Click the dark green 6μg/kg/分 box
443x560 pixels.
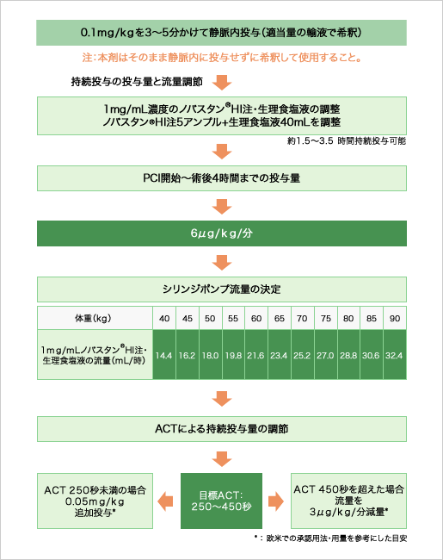pyautogui.click(x=221, y=234)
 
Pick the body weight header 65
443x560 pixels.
pyautogui.click(x=279, y=318)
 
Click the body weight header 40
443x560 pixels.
pyautogui.click(x=163, y=318)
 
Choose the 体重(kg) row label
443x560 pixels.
pyautogui.click(x=94, y=318)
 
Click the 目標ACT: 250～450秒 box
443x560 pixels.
pyautogui.click(x=221, y=501)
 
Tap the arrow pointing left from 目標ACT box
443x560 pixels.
pyautogui.click(x=165, y=500)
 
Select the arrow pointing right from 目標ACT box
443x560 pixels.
pyautogui.click(x=277, y=500)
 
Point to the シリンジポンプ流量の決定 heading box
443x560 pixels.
pyautogui.click(x=221, y=288)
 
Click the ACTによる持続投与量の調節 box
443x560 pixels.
pyautogui.click(x=221, y=427)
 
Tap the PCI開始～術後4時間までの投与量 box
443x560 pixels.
pyautogui.click(x=221, y=178)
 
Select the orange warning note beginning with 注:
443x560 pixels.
pyautogui.click(x=221, y=59)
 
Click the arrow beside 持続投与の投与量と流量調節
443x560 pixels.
pyautogui.click(x=222, y=82)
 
